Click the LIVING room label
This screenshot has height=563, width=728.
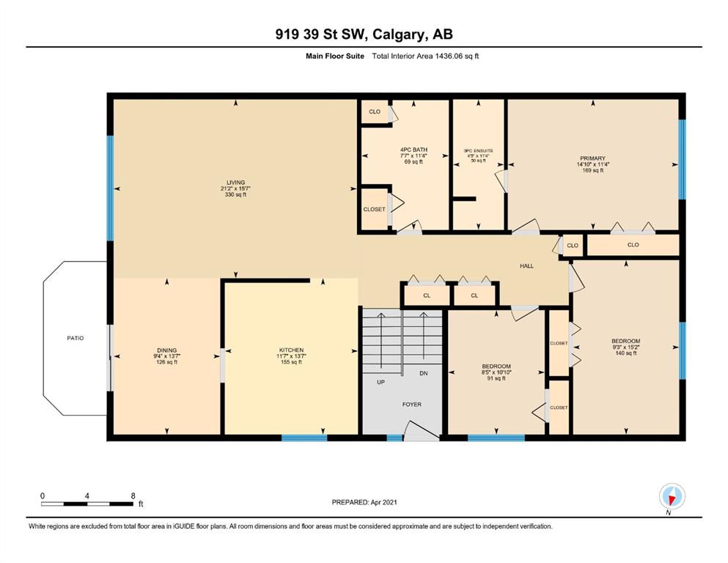235,183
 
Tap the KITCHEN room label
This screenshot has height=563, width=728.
291,350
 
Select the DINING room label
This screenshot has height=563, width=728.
166,350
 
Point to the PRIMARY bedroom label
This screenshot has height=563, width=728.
592,158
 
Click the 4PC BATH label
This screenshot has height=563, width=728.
413,150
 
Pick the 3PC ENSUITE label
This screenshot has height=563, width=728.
478,151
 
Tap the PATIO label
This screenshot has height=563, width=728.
76,339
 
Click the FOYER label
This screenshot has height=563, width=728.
412,405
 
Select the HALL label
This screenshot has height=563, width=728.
526,266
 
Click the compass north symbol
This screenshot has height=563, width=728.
672,497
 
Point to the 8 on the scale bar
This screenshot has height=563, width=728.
133,496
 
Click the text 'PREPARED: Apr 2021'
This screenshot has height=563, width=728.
364,502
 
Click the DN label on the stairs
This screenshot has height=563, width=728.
424,373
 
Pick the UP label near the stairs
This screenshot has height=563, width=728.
380,382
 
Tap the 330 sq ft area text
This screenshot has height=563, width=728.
235,195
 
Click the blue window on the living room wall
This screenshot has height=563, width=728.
110,188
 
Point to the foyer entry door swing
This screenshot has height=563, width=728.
421,431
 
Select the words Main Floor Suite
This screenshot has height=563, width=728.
335,56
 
